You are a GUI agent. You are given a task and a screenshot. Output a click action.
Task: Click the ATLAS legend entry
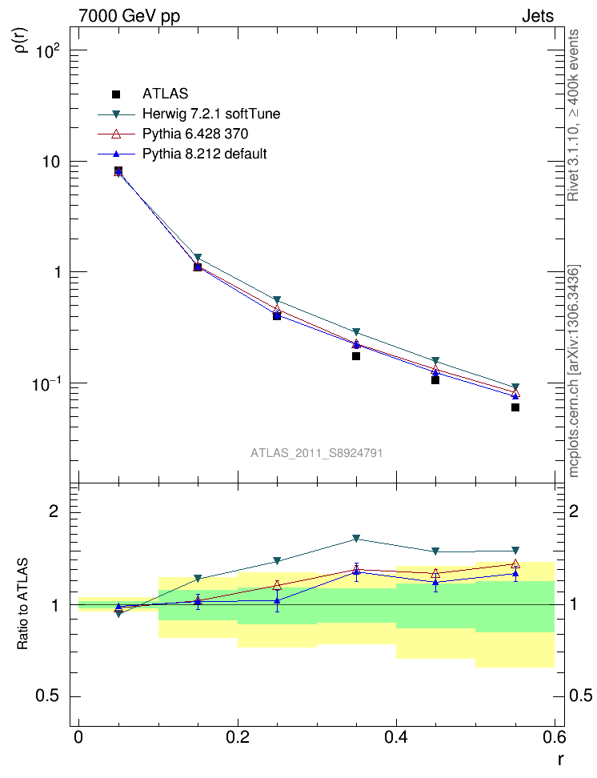click(165, 94)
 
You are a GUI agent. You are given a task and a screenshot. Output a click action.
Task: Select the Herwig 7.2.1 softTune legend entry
click(211, 114)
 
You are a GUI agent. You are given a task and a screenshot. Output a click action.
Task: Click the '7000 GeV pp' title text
click(129, 16)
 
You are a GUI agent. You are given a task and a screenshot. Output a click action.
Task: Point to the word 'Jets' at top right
click(537, 16)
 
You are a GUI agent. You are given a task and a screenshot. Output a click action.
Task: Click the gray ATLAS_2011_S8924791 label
click(316, 453)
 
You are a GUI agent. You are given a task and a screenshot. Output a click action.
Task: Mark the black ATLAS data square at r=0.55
click(515, 407)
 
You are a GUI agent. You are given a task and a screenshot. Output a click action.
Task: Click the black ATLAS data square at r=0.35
click(356, 356)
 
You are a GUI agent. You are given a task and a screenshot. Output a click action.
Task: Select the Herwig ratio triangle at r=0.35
click(356, 539)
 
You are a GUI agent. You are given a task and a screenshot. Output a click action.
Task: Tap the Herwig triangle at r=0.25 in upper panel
click(277, 300)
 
